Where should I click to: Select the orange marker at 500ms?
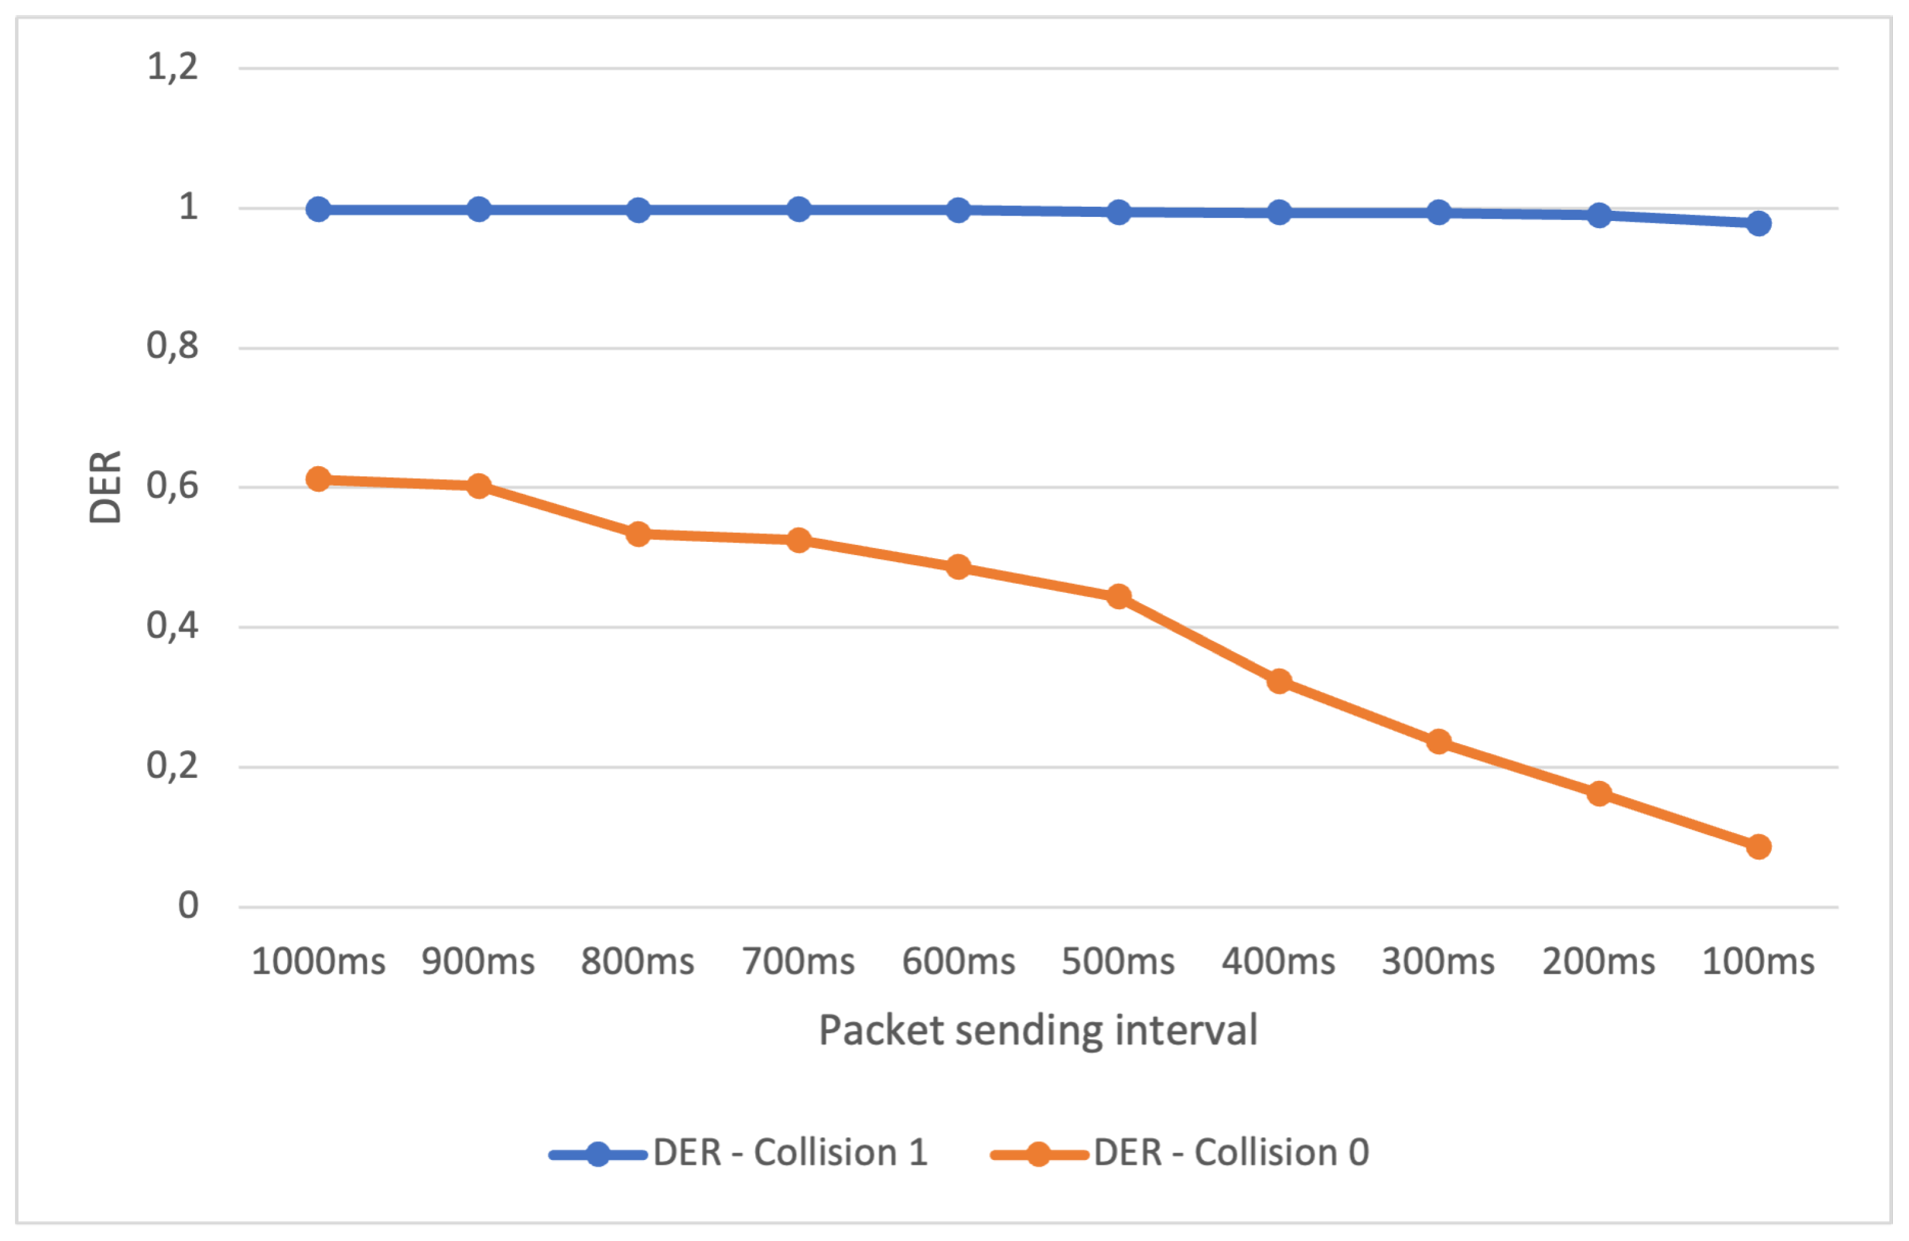1119,596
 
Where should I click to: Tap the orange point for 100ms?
1758,846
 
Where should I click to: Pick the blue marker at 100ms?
1758,223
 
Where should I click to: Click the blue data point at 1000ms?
318,210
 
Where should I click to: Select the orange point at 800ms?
638,533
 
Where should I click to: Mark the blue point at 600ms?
958,210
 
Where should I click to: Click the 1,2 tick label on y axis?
172,67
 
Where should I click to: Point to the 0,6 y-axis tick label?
172,486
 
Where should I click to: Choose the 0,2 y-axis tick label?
172,766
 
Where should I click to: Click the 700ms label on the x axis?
798,961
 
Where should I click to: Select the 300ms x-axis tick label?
1438,961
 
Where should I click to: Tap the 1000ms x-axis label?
318,961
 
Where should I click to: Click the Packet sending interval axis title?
1038,1031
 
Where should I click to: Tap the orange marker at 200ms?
1598,794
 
